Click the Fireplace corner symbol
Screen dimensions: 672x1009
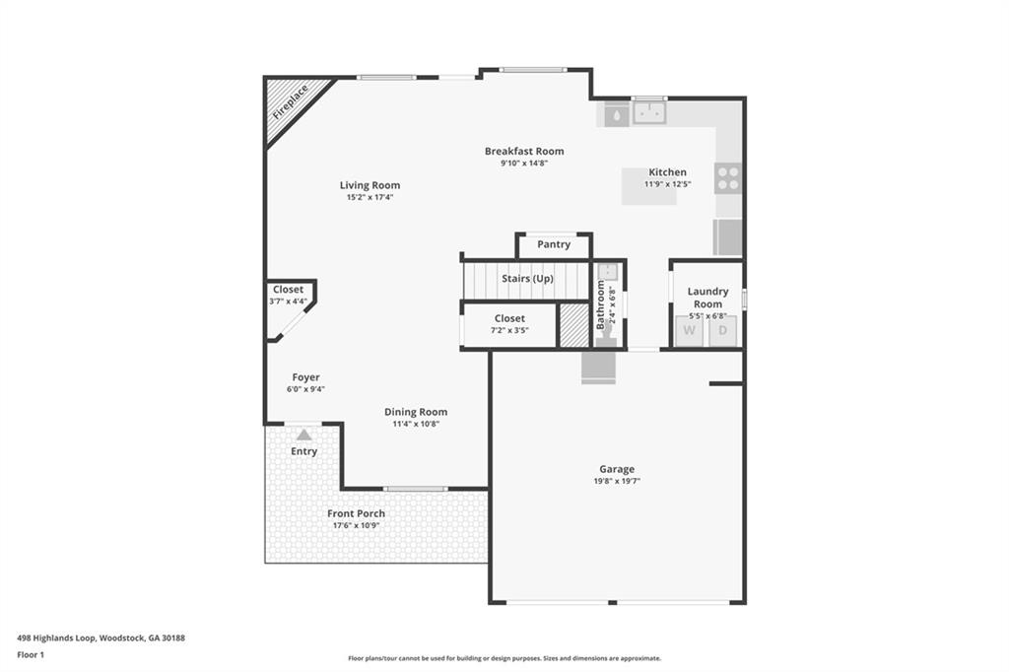point(288,102)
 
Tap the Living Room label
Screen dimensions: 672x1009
point(370,185)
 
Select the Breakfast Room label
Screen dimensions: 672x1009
point(523,151)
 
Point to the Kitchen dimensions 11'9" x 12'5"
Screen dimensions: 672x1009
point(667,184)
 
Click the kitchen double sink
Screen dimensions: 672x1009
point(649,114)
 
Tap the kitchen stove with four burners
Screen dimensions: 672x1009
point(728,178)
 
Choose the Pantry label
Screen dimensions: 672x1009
point(554,244)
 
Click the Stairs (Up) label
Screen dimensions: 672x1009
point(527,279)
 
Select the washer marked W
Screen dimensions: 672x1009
point(689,330)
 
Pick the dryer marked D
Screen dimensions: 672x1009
point(722,330)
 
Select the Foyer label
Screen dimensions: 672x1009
point(305,377)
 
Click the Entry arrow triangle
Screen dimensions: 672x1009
point(304,435)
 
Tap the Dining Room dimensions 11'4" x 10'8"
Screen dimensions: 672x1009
point(415,424)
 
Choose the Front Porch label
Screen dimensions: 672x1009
point(356,513)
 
